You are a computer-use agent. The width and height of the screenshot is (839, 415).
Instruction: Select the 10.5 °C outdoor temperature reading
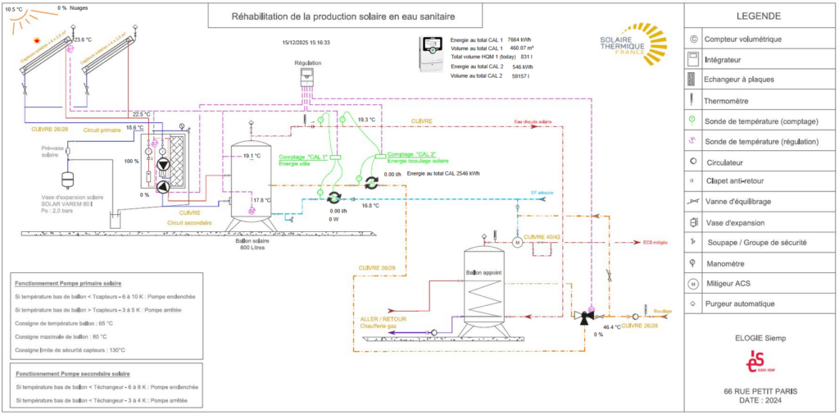(x=14, y=8)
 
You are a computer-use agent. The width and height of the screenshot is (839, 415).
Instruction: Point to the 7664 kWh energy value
(x=520, y=39)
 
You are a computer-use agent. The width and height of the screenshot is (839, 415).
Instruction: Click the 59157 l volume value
(x=516, y=76)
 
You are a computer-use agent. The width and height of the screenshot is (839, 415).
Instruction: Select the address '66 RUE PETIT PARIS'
(x=760, y=390)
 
